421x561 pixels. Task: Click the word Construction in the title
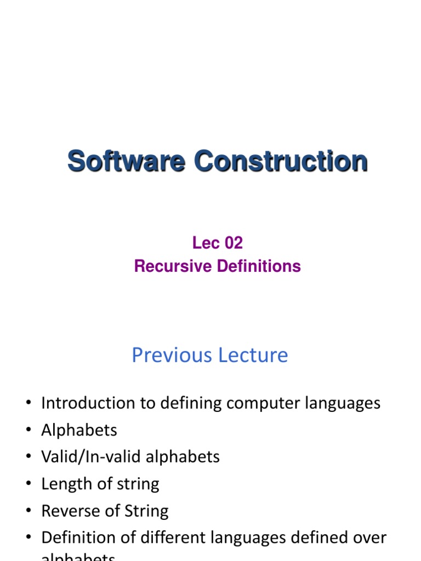[x=281, y=162]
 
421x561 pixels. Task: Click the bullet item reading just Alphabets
[x=79, y=430]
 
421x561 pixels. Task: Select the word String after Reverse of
[x=147, y=511]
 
